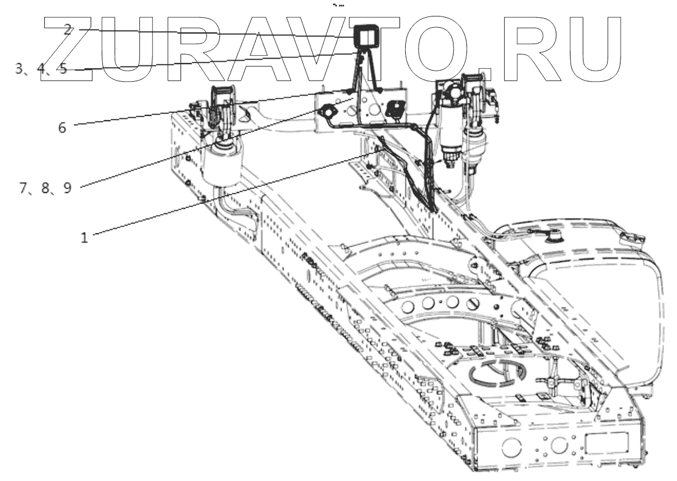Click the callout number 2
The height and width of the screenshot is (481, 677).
tap(68, 30)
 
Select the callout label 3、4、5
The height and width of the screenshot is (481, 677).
tap(42, 68)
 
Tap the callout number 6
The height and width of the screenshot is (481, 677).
tap(62, 127)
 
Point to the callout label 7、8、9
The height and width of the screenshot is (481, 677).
tap(45, 188)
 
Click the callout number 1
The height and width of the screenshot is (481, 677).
tap(84, 238)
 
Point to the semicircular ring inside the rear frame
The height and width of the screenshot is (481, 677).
tap(495, 373)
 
